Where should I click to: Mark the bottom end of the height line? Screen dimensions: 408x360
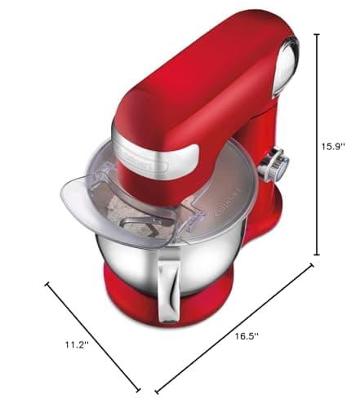pos(315,255)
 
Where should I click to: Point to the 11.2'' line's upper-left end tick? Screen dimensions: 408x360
pos(48,286)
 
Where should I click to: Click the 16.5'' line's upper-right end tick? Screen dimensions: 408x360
pos(310,265)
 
